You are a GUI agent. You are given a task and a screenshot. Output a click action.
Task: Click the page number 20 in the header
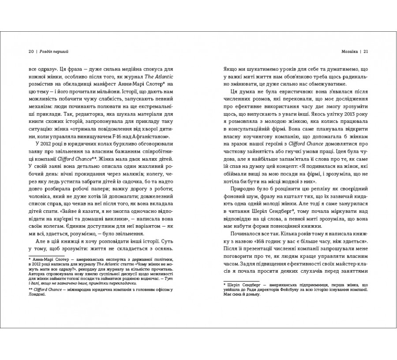[x=30, y=51]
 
